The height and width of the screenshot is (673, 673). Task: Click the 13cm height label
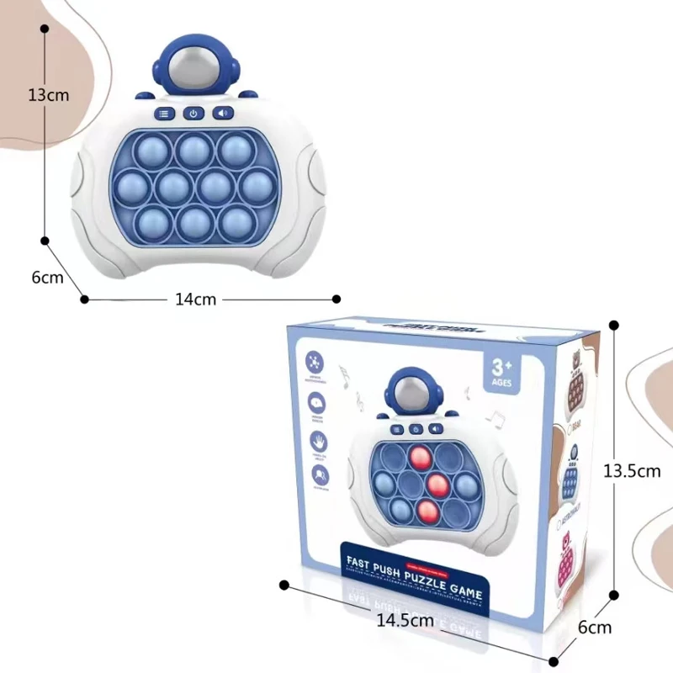pos(48,95)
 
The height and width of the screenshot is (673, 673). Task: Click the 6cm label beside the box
pos(594,627)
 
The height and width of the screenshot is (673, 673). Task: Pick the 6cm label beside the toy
pos(48,278)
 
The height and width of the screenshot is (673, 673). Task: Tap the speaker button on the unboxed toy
pos(223,114)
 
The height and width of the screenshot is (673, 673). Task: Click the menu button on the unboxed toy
pos(163,114)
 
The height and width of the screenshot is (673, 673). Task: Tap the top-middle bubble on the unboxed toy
pos(193,150)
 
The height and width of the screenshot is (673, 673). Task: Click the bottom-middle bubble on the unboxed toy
pos(193,221)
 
